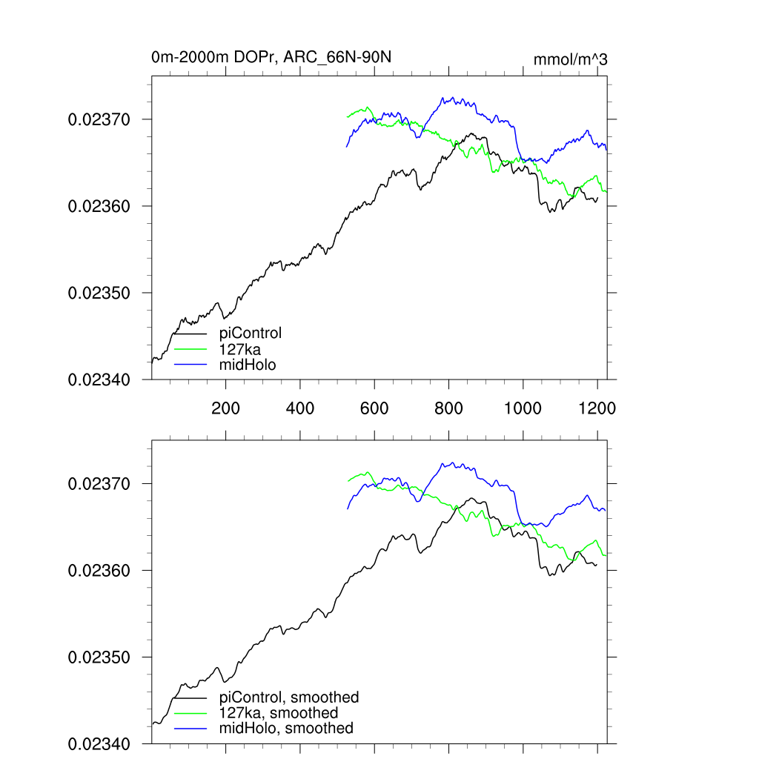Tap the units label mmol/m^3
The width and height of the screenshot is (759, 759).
click(x=570, y=60)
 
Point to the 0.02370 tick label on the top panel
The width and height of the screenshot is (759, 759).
click(x=100, y=119)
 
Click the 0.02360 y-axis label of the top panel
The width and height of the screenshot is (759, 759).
click(x=100, y=206)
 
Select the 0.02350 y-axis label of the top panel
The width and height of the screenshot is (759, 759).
click(x=100, y=293)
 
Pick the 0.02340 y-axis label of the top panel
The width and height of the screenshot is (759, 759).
click(x=100, y=379)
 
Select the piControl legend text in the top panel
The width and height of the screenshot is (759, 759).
click(x=251, y=334)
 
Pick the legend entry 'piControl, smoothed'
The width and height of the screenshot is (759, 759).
click(x=289, y=697)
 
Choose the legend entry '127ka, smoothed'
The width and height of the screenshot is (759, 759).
click(x=279, y=713)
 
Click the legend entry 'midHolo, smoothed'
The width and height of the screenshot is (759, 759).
click(x=286, y=729)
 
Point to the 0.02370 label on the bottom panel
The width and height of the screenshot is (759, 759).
click(x=100, y=484)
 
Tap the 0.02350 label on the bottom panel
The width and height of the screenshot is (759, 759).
click(x=100, y=657)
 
